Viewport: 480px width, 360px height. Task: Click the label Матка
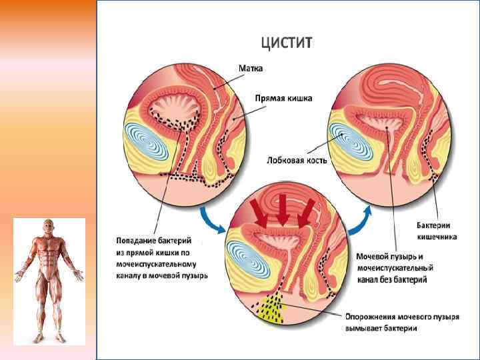click(x=252, y=68)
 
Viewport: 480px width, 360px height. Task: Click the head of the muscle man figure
click(x=48, y=226)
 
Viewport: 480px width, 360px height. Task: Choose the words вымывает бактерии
click(x=381, y=328)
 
